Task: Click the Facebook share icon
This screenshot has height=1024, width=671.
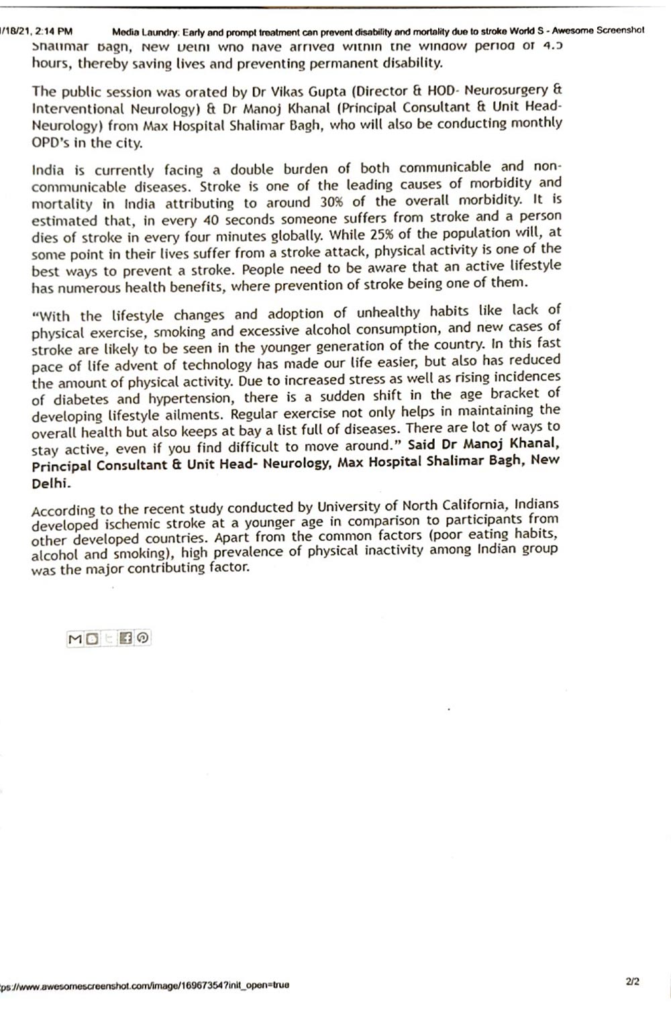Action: pos(125,638)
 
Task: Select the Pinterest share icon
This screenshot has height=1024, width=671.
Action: pos(142,638)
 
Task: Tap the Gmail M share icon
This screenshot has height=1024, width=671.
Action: pos(74,639)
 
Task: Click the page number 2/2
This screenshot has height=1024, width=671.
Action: pos(632,981)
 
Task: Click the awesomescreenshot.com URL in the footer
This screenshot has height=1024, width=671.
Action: pos(144,985)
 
